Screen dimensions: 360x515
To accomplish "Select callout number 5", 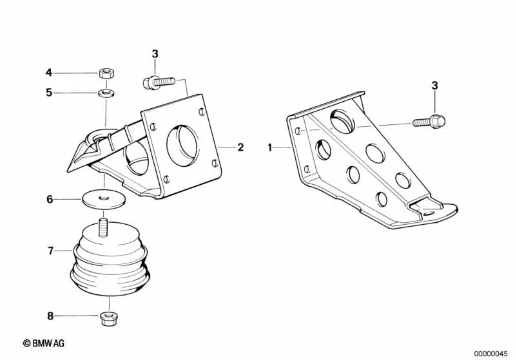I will coord(48,92).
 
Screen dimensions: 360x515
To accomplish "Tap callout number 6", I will coord(49,199).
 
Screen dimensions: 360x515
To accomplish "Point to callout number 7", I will coord(50,250).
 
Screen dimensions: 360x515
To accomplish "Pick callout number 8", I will coord(49,316).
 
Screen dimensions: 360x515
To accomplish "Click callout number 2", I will coord(240,147).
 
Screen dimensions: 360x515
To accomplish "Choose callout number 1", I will coord(270,147).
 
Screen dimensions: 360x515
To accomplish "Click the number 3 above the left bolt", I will coord(155,53).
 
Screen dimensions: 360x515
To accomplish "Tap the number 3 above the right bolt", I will coord(434,85).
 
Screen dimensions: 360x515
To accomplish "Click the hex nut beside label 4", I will coord(107,72).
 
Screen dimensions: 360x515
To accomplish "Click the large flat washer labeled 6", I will coord(103,198).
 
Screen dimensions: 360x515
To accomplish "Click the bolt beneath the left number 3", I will coord(156,82).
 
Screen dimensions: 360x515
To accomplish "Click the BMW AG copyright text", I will coord(44,343).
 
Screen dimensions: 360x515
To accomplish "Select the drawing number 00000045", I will coord(492,352).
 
